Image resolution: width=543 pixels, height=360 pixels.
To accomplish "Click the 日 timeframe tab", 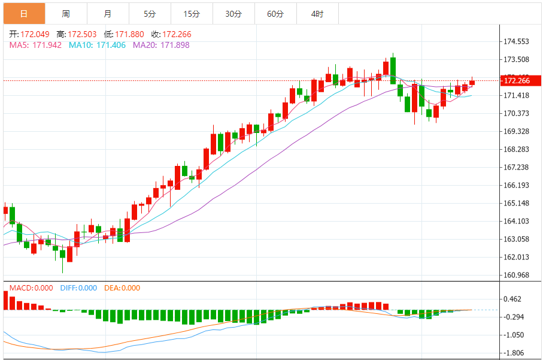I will click(24, 13).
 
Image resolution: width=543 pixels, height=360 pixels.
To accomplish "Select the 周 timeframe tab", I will click(66, 13).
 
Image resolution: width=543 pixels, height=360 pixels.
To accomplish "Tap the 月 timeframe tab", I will click(108, 13).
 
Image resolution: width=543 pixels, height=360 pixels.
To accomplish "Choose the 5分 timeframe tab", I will click(150, 13).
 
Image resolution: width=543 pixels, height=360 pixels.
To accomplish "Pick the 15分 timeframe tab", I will click(192, 13).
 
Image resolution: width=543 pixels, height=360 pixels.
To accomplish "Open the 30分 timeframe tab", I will click(233, 13).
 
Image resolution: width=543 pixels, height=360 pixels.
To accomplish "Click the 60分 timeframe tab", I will click(275, 13).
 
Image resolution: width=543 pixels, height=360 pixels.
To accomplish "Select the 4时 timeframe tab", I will click(317, 13).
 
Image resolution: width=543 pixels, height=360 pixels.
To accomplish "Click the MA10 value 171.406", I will click(98, 45).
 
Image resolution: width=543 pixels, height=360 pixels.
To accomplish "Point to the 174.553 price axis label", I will click(517, 42).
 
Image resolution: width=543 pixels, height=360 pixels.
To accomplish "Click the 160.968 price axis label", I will click(517, 275).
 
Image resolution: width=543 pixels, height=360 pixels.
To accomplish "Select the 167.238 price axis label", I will click(517, 167).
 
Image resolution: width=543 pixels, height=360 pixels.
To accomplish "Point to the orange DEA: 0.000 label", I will click(122, 288).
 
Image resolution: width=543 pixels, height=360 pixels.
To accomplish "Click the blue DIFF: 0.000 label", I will click(78, 288).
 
